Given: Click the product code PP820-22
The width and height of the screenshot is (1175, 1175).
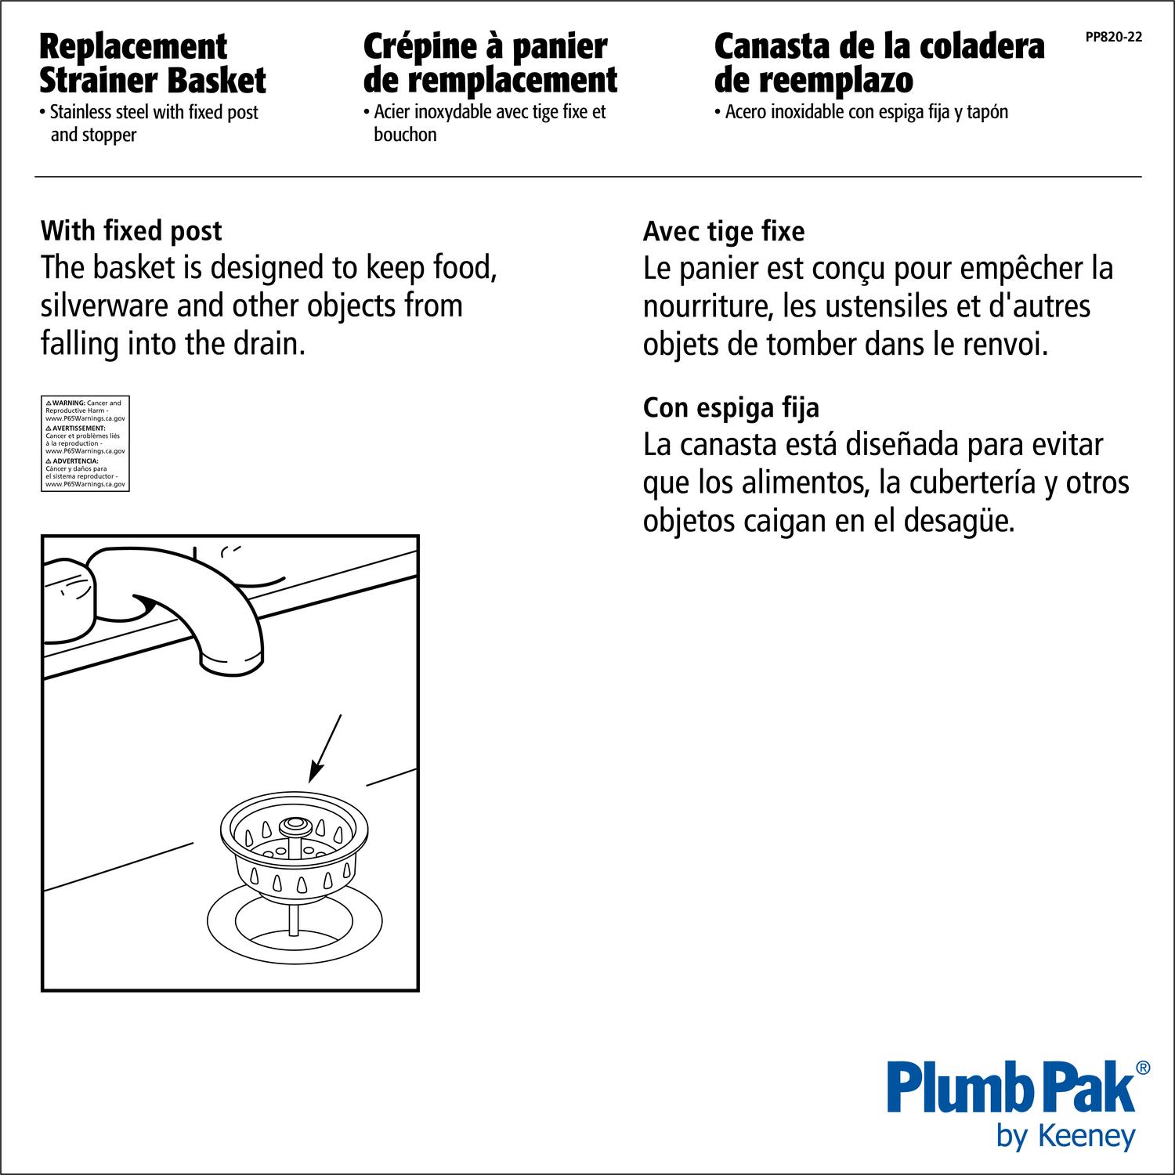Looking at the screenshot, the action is [1113, 37].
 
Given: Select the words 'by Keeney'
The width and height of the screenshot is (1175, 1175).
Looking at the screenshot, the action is [1065, 1136].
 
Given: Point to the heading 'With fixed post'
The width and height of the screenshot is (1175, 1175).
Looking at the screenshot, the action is [131, 231].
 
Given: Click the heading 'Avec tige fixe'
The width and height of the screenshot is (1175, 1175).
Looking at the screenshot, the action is [723, 232].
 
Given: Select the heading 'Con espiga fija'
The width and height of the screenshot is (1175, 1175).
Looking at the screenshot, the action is [731, 408].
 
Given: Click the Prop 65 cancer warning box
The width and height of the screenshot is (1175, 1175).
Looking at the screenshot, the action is [85, 443].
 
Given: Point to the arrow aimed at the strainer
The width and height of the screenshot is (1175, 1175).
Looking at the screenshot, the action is [325, 748].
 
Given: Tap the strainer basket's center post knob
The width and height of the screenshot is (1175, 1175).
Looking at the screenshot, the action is [296, 824].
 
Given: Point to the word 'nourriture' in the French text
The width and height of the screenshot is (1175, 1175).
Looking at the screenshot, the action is [700, 306].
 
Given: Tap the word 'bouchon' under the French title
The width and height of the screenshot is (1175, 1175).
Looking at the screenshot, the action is [405, 135].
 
